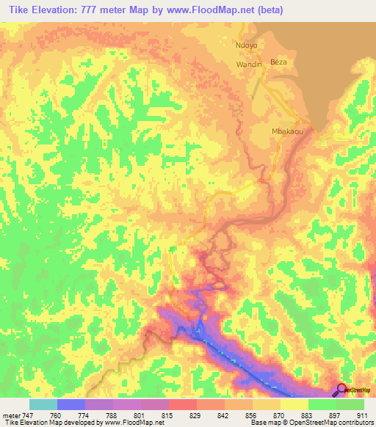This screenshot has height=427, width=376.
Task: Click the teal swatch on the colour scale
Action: [43, 404]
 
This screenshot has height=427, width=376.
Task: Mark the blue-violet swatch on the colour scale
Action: [71, 404]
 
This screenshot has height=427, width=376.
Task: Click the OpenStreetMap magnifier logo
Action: [341, 390]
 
